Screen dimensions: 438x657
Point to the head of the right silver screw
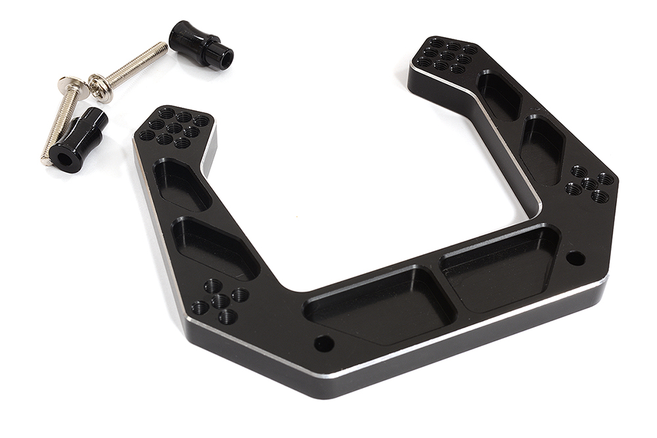[100, 88]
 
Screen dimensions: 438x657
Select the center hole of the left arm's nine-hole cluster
[173, 128]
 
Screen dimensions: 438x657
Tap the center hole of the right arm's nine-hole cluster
[448, 56]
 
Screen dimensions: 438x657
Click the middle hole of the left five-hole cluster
[221, 301]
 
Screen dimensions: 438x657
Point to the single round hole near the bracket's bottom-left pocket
[323, 343]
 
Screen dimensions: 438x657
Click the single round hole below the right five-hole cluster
[575, 257]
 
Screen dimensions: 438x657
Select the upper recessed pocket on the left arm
[181, 185]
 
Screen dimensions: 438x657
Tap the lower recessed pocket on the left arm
[214, 248]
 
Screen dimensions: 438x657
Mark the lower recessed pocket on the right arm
[541, 150]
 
